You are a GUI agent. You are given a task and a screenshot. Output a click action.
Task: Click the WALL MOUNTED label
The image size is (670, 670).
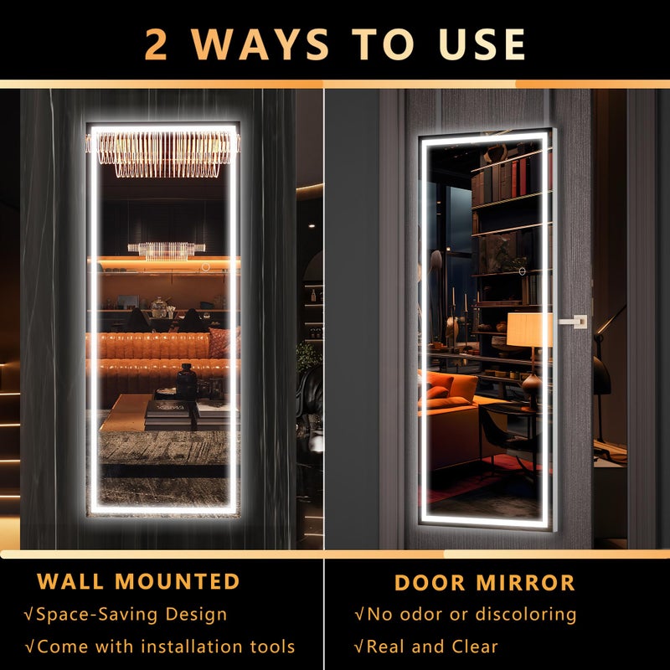pyautogui.click(x=138, y=581)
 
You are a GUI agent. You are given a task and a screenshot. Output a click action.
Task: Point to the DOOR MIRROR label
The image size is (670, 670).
pyautogui.click(x=485, y=583)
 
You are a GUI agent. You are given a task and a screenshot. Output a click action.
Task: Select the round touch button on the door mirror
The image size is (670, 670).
pyautogui.click(x=522, y=271)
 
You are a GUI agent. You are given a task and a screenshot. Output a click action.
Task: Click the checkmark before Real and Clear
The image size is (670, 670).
pyautogui.click(x=358, y=647)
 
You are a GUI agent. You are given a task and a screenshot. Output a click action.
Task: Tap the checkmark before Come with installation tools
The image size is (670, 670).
pyautogui.click(x=29, y=647)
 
